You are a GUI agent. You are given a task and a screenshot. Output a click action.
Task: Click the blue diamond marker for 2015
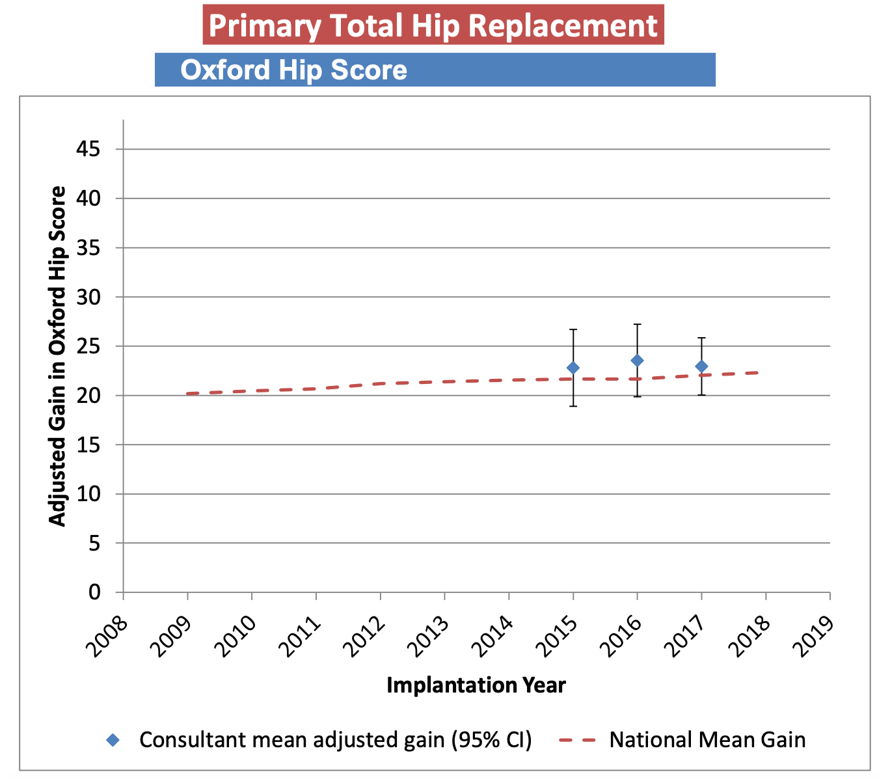pyautogui.click(x=573, y=368)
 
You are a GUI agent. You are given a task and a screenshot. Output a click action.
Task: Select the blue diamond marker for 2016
pyautogui.click(x=637, y=361)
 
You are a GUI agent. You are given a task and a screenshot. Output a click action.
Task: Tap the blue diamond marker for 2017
pyautogui.click(x=701, y=366)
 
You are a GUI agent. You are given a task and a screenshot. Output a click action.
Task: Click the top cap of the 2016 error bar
pyautogui.click(x=637, y=324)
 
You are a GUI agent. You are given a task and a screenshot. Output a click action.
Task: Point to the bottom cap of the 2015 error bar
pyautogui.click(x=573, y=406)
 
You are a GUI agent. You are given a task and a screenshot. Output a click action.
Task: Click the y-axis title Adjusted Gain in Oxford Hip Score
pyautogui.click(x=58, y=356)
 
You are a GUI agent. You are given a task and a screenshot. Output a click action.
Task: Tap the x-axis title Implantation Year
pyautogui.click(x=476, y=685)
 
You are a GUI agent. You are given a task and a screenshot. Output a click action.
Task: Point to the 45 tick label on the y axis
pyautogui.click(x=88, y=150)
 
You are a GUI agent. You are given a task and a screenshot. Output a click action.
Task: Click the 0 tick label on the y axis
pyautogui.click(x=95, y=592)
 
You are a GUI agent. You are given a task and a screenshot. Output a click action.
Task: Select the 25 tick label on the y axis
pyautogui.click(x=88, y=346)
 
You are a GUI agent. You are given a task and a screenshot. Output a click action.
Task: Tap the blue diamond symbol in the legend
pyautogui.click(x=113, y=740)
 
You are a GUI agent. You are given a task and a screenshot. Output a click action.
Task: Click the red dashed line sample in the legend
pyautogui.click(x=578, y=740)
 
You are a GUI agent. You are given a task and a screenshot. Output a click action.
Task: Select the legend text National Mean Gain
pyautogui.click(x=707, y=740)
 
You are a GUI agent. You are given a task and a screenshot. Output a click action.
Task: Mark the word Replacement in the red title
pyautogui.click(x=562, y=26)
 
